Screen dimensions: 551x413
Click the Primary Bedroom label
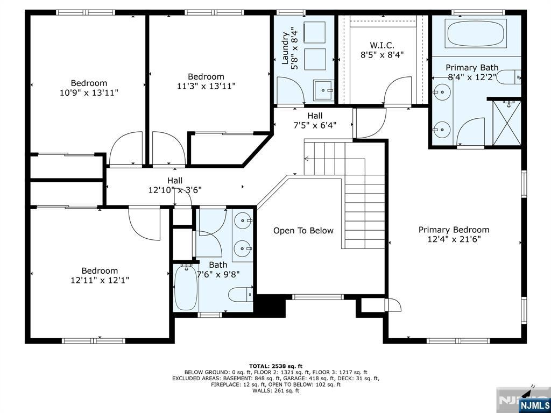pos(454,234)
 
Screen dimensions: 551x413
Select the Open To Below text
pos(303,231)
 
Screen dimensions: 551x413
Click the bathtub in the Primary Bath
pos(476,33)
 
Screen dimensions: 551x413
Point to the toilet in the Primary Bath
pos(508,77)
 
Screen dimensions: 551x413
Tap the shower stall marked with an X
pos(506,123)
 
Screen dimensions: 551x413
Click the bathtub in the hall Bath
pos(186,288)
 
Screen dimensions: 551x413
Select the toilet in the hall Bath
pos(241,294)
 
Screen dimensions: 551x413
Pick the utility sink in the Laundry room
pos(323,90)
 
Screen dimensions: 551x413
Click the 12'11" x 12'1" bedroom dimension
pos(100,280)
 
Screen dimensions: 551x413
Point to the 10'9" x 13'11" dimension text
pos(89,92)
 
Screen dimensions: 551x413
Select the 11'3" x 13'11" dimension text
pos(206,86)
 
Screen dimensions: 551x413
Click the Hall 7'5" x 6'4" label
pos(315,120)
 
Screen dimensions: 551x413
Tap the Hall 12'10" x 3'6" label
pos(175,186)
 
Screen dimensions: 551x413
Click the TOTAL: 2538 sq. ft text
pos(275,366)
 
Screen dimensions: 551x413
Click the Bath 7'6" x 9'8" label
pos(218,270)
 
